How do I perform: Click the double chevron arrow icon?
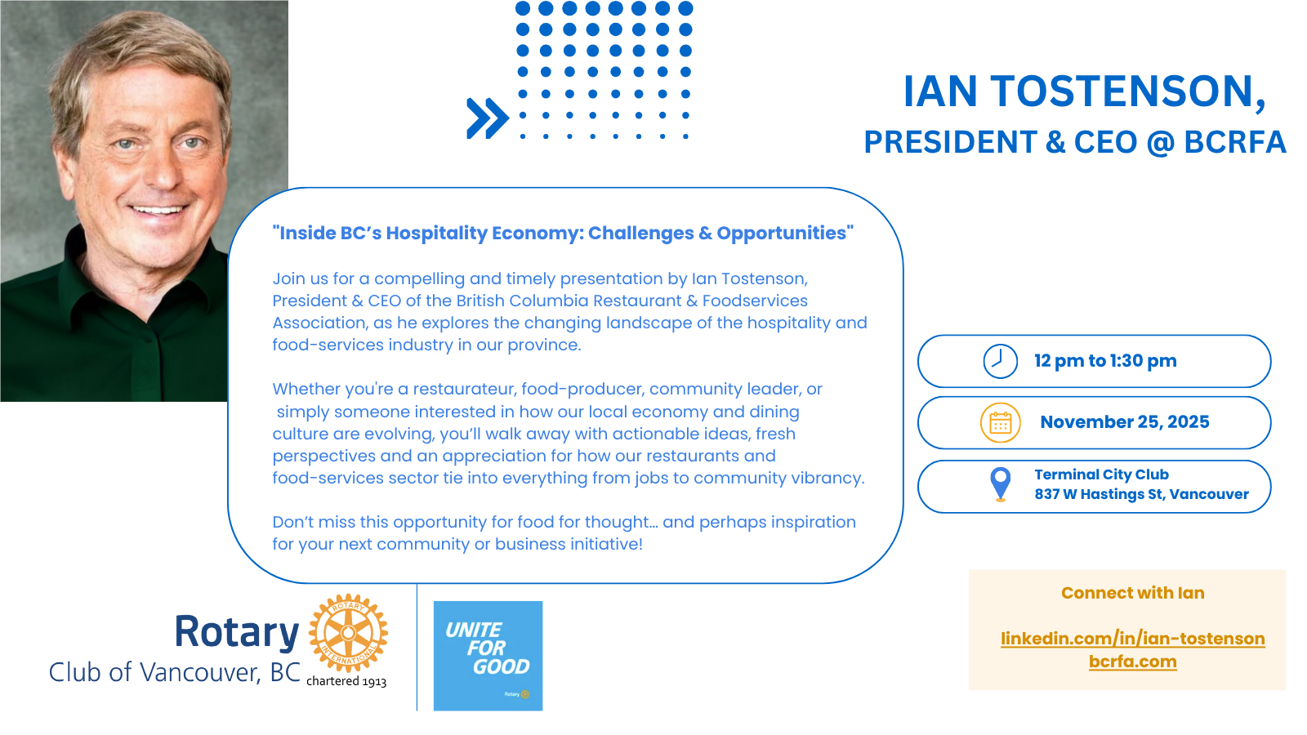(487, 118)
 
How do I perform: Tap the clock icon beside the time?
(1000, 361)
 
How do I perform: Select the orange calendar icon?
(1000, 423)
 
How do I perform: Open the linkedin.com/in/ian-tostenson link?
(1132, 639)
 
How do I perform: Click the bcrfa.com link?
(1132, 662)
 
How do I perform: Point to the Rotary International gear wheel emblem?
(348, 633)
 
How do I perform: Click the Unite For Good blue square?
(488, 656)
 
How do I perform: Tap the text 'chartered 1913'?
(346, 681)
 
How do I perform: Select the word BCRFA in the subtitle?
(1234, 142)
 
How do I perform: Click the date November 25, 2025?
(1124, 421)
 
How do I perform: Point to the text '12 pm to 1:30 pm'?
(1105, 361)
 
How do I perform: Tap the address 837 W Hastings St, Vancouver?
(1141, 495)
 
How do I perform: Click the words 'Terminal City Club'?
(1102, 474)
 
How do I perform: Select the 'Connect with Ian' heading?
(1132, 593)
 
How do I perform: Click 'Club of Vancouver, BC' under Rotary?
(175, 673)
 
